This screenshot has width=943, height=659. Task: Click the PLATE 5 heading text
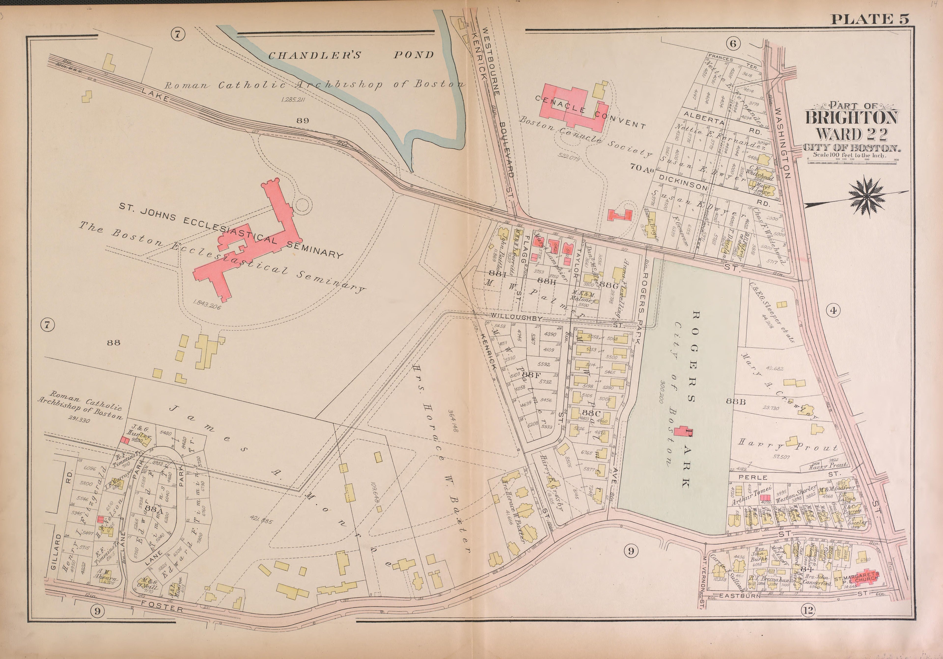tap(870, 19)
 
